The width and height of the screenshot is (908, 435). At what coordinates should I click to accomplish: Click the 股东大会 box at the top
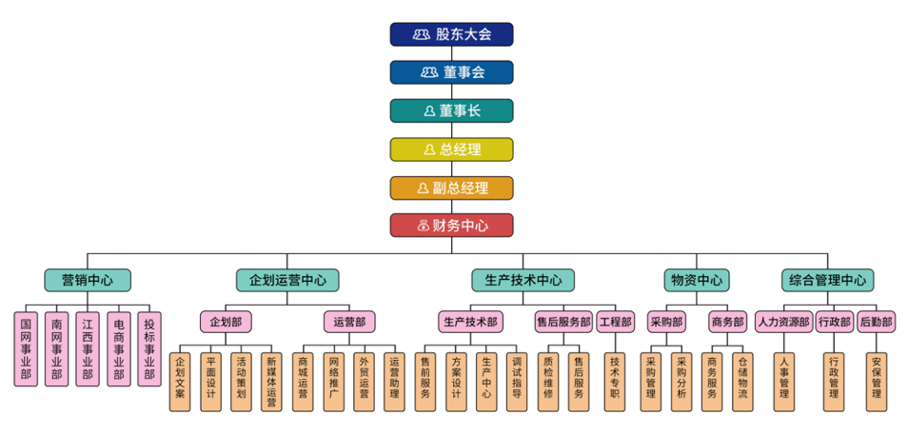451,34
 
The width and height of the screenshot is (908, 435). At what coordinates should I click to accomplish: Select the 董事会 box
451,72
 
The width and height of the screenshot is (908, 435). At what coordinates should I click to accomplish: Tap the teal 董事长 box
451,110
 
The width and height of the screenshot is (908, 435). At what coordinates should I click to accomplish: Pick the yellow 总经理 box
451,149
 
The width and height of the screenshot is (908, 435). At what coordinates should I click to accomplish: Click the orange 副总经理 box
451,188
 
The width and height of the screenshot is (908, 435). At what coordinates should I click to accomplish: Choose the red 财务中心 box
451,226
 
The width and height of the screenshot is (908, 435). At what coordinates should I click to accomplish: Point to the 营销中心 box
88,280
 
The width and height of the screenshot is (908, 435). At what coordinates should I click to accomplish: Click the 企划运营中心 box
287,280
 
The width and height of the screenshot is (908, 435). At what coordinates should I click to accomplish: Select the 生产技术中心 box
523,280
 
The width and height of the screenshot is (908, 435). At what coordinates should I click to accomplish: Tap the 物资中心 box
696,280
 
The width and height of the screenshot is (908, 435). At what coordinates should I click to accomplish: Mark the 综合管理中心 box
827,280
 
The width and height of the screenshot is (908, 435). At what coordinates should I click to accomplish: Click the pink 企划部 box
225,322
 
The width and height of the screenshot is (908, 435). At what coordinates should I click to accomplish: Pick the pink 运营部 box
344,322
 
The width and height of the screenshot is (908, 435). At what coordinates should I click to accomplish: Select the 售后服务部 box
563,322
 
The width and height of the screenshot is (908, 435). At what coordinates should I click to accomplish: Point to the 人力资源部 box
783,322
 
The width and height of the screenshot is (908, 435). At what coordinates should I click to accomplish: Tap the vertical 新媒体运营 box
271,382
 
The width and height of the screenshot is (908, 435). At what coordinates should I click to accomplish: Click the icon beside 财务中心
423,226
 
